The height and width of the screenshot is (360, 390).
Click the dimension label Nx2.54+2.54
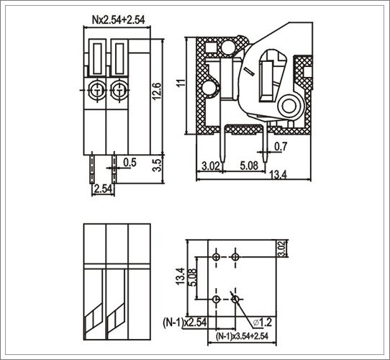[x=119, y=19]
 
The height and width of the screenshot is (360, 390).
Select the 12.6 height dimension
[x=157, y=91]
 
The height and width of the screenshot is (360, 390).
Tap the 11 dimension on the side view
[x=181, y=83]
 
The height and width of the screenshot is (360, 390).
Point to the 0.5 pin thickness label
[x=130, y=163]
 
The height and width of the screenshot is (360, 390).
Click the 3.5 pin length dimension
[x=157, y=165]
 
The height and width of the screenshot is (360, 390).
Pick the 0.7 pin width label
[x=281, y=146]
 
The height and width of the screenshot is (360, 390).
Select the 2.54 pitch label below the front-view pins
[x=104, y=189]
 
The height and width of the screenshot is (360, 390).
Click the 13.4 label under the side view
[x=278, y=175]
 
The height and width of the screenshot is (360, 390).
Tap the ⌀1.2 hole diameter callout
[x=263, y=323]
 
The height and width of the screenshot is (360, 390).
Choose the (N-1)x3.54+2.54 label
[x=242, y=336]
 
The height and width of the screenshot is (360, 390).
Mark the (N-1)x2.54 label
[x=184, y=322]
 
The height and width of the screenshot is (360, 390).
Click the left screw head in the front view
[x=96, y=90]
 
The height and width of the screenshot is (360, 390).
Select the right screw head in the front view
[x=119, y=90]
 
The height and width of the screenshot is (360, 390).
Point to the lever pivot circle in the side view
[x=289, y=106]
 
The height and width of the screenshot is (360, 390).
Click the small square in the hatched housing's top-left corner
[x=210, y=48]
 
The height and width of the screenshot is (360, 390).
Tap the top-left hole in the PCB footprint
[x=216, y=256]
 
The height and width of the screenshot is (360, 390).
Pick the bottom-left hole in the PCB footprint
[x=216, y=299]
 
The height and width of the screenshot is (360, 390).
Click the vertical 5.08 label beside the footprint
[x=193, y=277]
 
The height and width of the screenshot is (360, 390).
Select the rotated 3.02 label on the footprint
[x=282, y=248]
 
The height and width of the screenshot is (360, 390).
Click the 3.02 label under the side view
[x=210, y=166]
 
